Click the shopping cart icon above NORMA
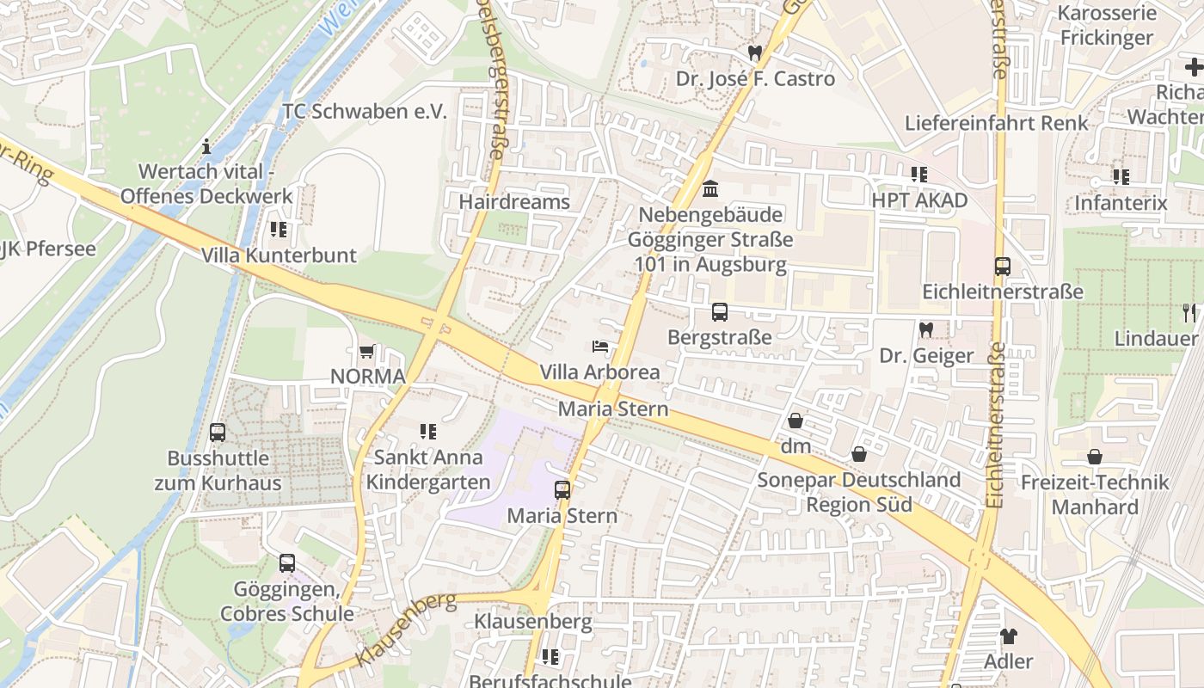click(366, 352)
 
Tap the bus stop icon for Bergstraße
click(720, 312)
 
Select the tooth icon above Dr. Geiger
click(926, 329)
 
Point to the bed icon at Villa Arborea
click(601, 347)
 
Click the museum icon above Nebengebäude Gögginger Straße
click(710, 188)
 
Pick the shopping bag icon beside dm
click(795, 421)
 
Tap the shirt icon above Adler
click(1009, 636)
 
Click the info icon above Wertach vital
click(206, 146)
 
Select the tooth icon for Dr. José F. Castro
click(755, 53)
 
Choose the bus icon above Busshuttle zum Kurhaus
click(218, 433)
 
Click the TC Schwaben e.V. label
click(365, 112)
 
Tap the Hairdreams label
click(514, 202)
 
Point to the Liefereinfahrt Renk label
click(996, 123)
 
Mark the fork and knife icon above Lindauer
click(1189, 312)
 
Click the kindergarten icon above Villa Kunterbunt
click(278, 230)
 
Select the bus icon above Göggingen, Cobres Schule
click(287, 563)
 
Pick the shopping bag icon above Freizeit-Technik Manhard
click(1095, 457)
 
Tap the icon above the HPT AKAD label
click(918, 175)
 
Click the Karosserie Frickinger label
click(1106, 25)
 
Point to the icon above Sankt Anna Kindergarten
click(427, 432)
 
